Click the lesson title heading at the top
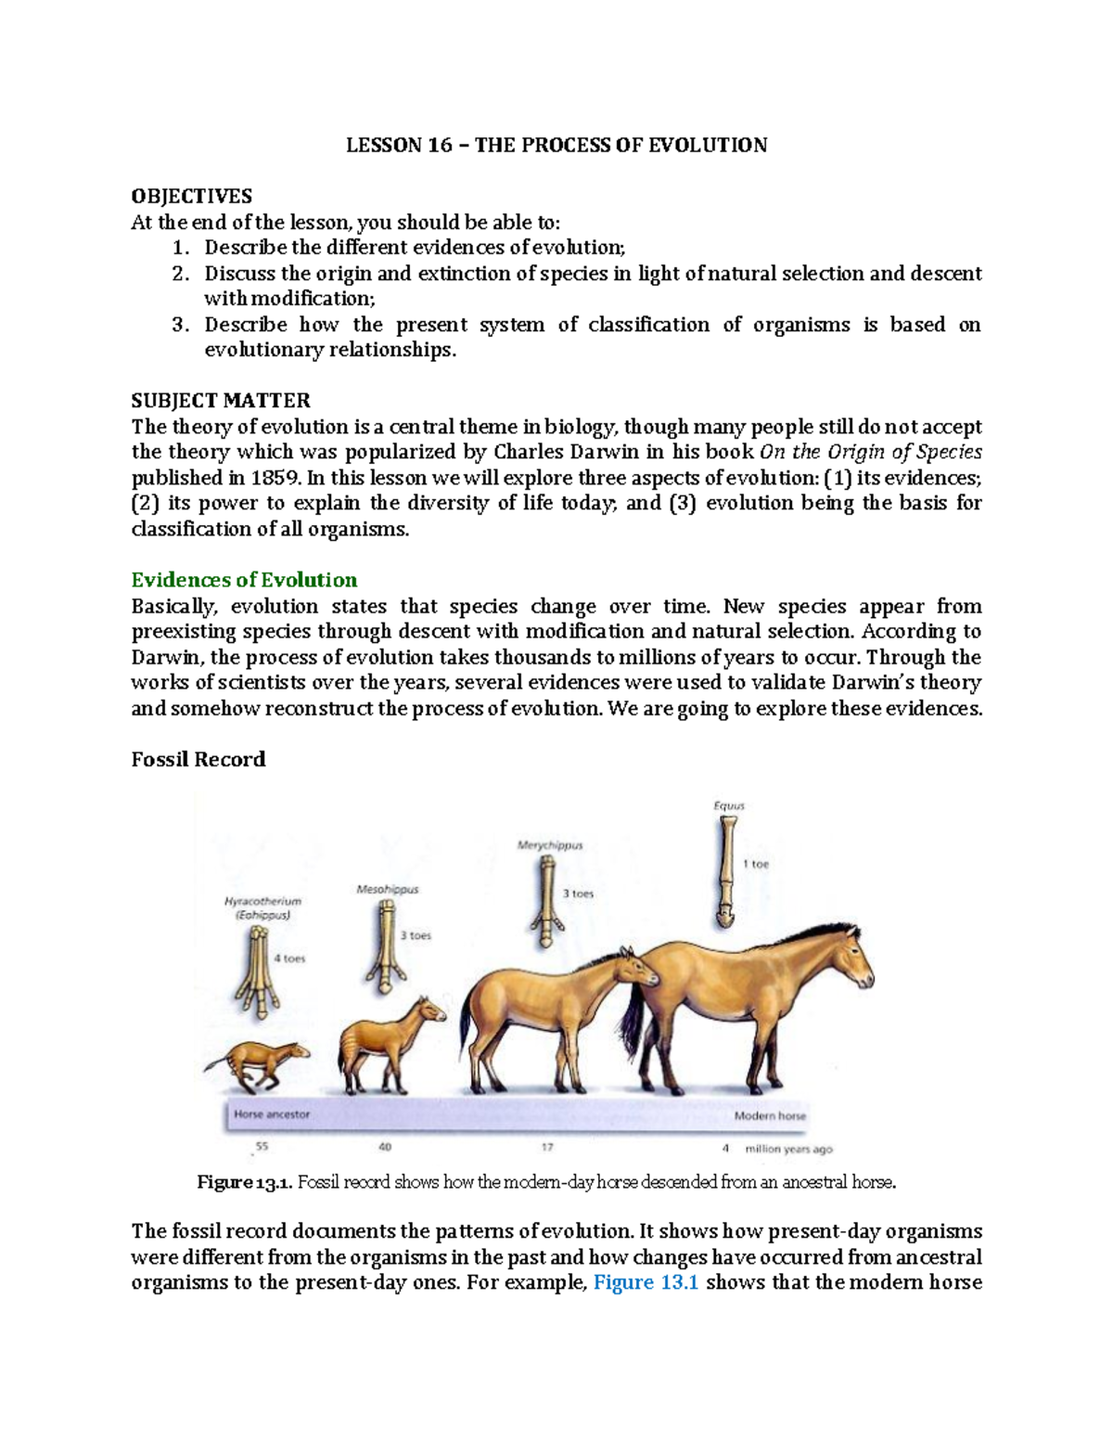[x=556, y=146]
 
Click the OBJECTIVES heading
[x=191, y=196]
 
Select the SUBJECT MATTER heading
[x=221, y=401]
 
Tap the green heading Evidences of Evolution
[x=244, y=580]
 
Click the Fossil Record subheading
[x=198, y=759]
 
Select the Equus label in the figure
[x=729, y=805]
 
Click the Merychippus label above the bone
[x=550, y=845]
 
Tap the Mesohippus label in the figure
[x=388, y=889]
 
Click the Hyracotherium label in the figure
[x=262, y=901]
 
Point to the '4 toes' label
[x=288, y=959]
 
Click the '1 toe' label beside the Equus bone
[x=756, y=864]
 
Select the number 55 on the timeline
[x=262, y=1147]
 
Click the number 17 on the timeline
[x=547, y=1147]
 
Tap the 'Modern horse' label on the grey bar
[x=770, y=1115]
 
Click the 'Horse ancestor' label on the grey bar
[x=272, y=1114]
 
